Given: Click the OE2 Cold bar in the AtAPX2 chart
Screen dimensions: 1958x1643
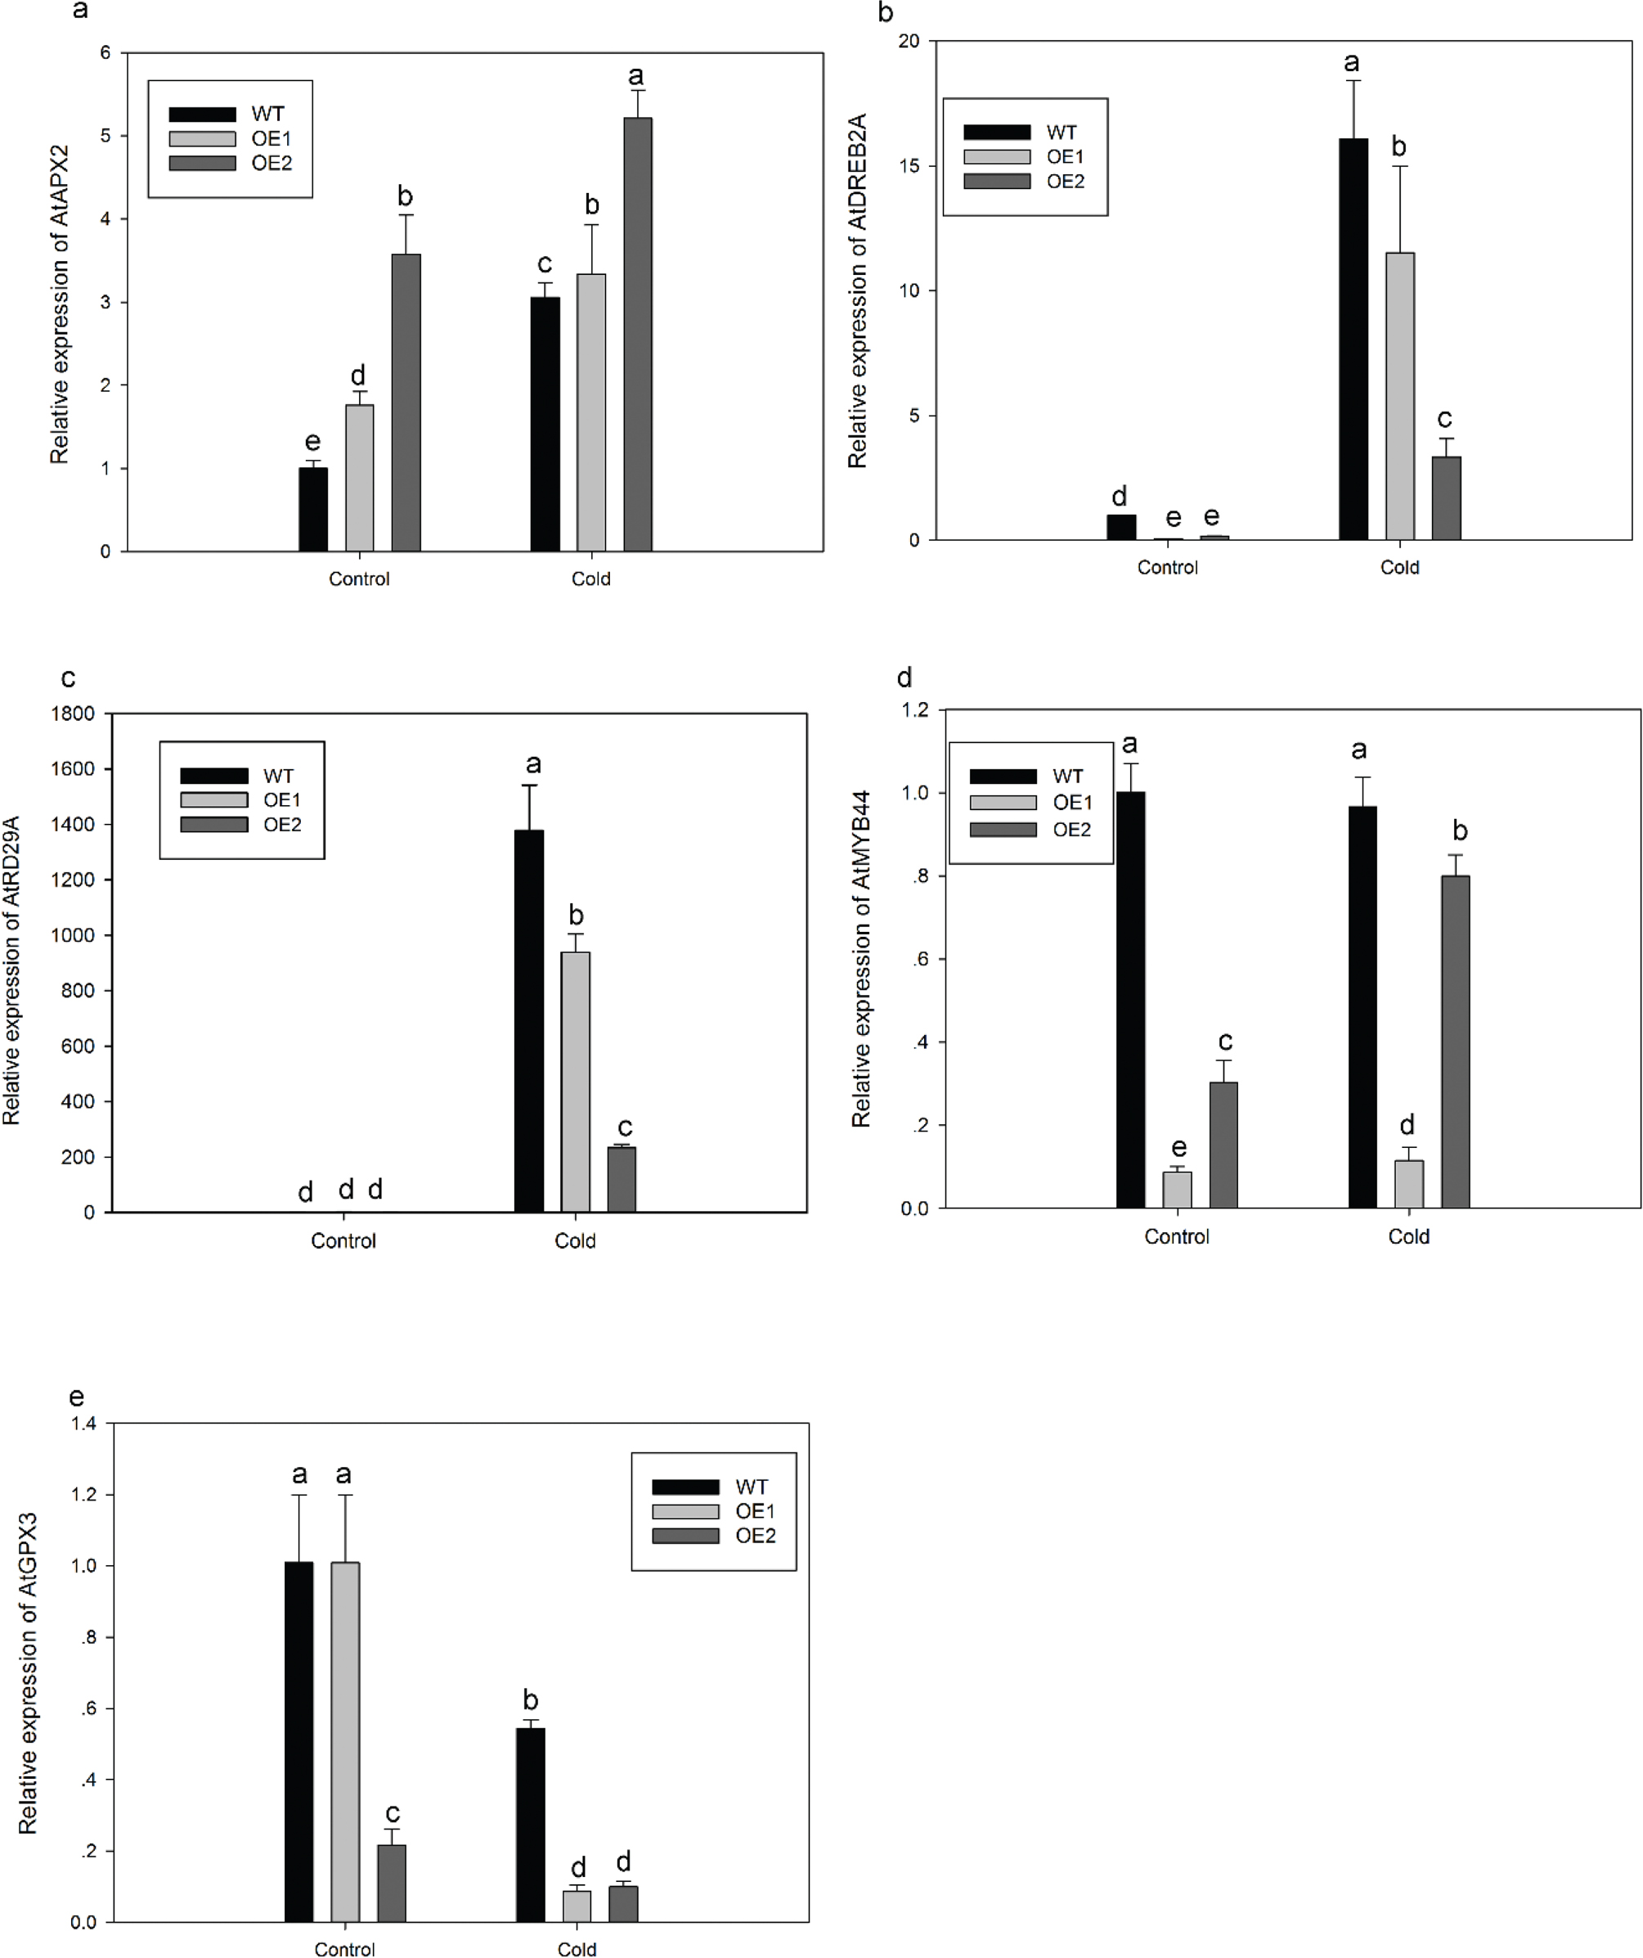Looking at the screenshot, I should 637,335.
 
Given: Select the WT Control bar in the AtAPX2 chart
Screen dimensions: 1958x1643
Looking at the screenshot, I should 313,509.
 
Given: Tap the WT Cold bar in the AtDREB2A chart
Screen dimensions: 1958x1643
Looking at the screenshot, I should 1353,340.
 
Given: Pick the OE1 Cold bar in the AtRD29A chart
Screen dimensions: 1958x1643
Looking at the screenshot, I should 575,1082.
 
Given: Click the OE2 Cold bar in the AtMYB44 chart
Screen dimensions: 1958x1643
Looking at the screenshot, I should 1455,1042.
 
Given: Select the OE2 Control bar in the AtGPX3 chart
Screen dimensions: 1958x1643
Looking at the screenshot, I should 392,1883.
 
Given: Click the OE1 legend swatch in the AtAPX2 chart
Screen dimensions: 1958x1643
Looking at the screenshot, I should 202,139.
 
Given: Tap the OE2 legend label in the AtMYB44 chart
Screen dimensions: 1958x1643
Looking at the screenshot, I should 1071,829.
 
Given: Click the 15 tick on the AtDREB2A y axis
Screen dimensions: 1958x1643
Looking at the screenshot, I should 908,166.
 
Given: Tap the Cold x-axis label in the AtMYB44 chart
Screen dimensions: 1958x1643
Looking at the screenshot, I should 1408,1236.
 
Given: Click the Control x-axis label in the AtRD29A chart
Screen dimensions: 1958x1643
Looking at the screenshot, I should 343,1241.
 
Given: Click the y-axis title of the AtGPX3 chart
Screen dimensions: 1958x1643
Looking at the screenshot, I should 28,1672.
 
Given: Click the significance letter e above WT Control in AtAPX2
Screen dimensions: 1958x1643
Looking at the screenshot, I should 313,441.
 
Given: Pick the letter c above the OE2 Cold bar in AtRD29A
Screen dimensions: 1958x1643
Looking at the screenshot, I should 624,1128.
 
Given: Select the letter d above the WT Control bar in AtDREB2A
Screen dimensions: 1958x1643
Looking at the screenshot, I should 1120,496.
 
